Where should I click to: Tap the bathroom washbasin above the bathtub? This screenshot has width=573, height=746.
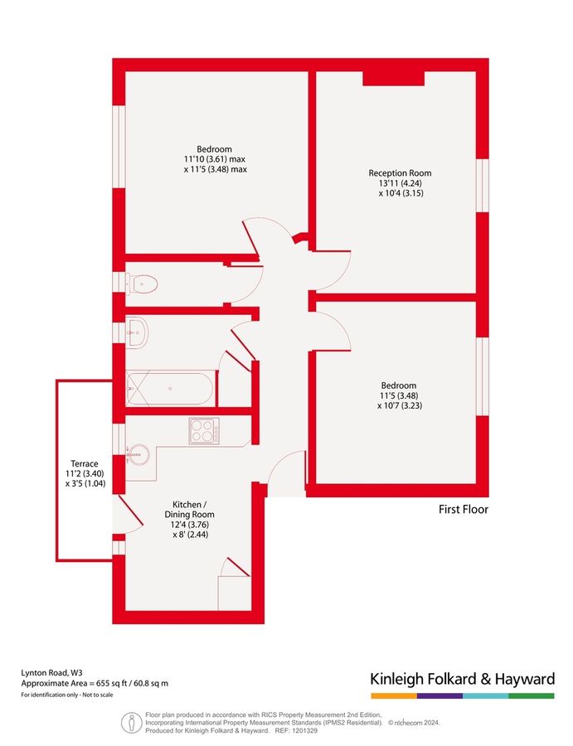(138, 332)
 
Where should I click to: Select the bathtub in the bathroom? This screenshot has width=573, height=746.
(170, 388)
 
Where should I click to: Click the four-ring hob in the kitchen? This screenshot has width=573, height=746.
(203, 430)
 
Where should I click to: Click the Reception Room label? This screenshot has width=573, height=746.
(400, 173)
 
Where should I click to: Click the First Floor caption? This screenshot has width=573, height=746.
(464, 510)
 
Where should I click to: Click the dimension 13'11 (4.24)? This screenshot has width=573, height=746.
(400, 184)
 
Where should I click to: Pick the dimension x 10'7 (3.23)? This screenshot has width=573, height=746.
(399, 406)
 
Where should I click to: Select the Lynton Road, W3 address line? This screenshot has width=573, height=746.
(52, 672)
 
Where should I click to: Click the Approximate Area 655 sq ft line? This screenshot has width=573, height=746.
(95, 683)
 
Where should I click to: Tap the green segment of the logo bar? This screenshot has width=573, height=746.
(532, 695)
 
